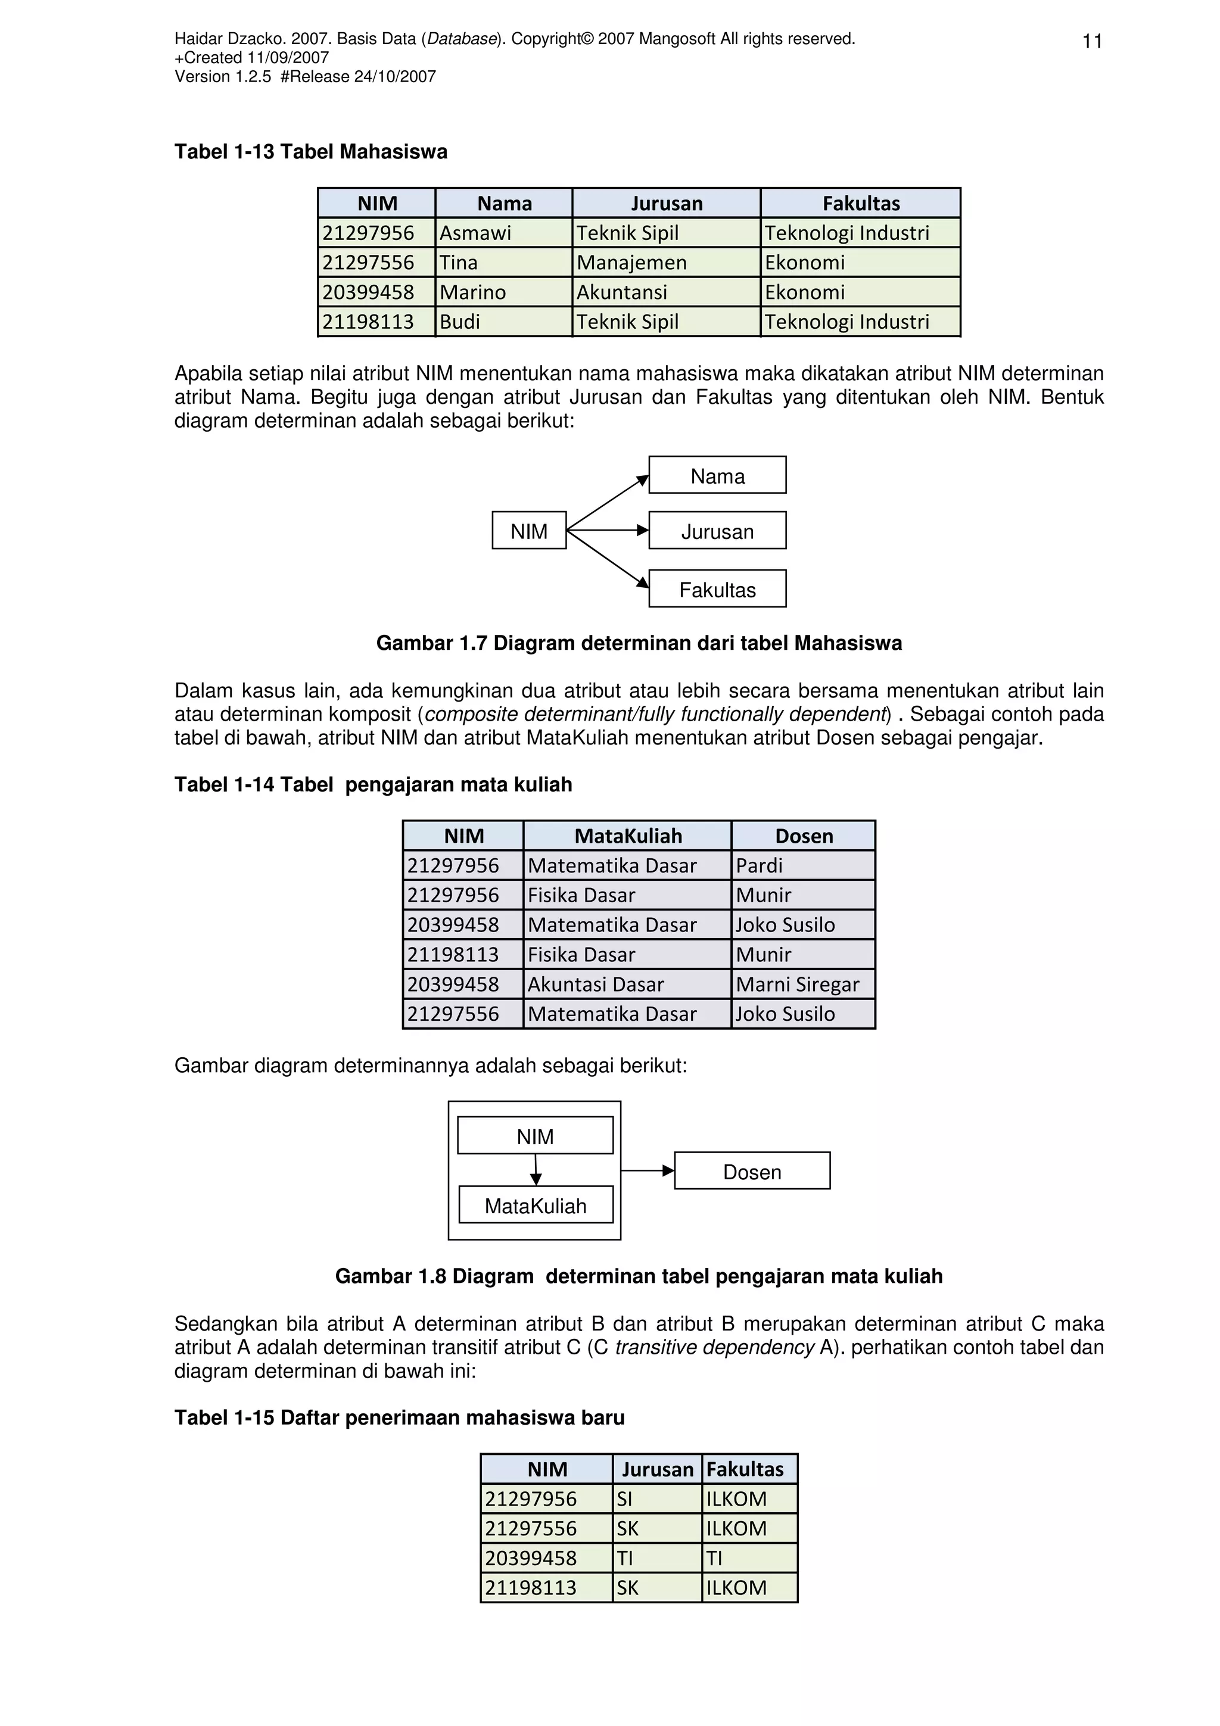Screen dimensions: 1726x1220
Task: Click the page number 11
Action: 1091,41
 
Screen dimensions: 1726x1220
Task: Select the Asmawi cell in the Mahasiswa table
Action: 503,233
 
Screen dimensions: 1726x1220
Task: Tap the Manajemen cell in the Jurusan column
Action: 665,263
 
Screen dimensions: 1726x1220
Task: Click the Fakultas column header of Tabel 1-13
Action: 860,203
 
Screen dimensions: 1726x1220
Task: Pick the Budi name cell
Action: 503,322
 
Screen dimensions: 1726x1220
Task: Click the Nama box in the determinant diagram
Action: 717,476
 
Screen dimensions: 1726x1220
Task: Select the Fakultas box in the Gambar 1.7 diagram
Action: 717,590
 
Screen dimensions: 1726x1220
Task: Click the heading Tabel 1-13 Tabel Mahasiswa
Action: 310,152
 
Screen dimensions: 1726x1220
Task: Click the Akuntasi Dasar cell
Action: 626,984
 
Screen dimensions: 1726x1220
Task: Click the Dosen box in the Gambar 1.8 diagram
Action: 752,1172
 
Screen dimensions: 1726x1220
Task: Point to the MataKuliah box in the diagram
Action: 535,1206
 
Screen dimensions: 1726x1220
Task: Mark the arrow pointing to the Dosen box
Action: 647,1170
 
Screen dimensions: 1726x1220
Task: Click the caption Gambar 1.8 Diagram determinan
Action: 638,1276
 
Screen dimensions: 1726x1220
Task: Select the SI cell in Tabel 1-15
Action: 656,1499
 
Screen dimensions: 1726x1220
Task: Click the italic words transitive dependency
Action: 714,1347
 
